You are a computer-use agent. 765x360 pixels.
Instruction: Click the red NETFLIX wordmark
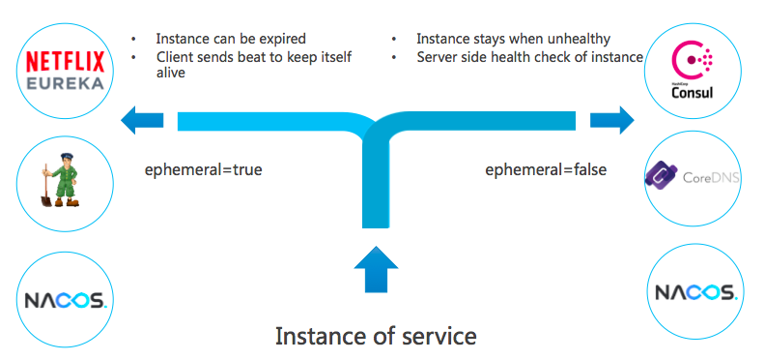tap(65, 62)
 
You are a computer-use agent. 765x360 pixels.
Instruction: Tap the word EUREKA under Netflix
tap(66, 82)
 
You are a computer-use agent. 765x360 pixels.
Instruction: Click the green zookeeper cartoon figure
tap(63, 180)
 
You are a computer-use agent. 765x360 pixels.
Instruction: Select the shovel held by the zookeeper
tap(45, 186)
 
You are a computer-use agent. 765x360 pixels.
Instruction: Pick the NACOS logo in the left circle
tap(66, 300)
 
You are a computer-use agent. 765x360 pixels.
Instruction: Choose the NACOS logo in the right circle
tap(695, 292)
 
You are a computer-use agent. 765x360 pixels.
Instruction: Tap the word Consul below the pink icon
tap(693, 93)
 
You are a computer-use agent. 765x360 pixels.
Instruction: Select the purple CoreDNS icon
tap(662, 175)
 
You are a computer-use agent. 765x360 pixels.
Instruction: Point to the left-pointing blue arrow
tap(142, 120)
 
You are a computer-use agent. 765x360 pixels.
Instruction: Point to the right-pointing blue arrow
tap(612, 120)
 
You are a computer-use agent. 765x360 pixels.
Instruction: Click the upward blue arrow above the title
tap(376, 269)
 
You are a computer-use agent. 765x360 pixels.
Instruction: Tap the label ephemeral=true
tap(204, 170)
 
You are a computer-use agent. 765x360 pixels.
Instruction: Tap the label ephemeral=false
tap(546, 170)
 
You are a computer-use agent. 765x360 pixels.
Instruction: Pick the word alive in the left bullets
tap(171, 73)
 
